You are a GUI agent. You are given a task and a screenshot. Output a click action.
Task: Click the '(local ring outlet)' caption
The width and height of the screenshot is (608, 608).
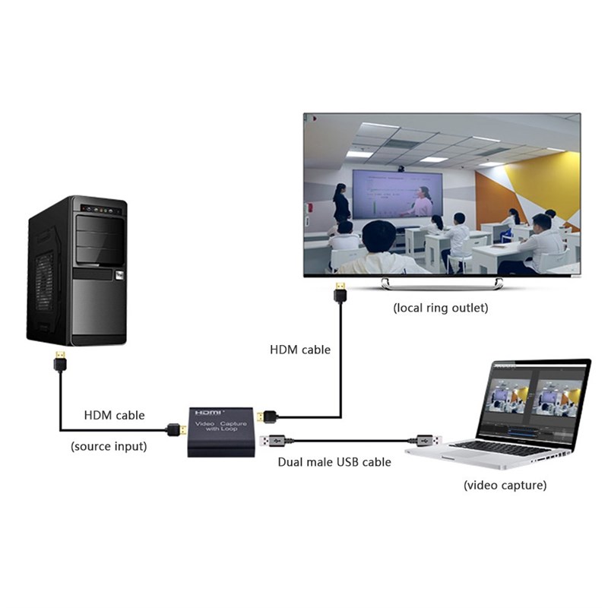pyautogui.click(x=440, y=309)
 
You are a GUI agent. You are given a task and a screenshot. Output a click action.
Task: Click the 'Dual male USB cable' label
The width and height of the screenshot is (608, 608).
pyautogui.click(x=334, y=461)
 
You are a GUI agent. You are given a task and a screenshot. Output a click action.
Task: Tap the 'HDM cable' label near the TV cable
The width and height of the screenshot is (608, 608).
pyautogui.click(x=300, y=350)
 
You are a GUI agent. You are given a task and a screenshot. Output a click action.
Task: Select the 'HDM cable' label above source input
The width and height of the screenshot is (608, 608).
pyautogui.click(x=114, y=415)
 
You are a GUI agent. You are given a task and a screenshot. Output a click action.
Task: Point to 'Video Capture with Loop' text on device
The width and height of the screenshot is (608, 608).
pyautogui.click(x=221, y=426)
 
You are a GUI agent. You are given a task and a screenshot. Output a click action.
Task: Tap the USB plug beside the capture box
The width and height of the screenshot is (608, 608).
pyautogui.click(x=274, y=439)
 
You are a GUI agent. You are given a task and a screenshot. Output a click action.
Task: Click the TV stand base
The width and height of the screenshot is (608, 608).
pyautogui.click(x=442, y=283)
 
